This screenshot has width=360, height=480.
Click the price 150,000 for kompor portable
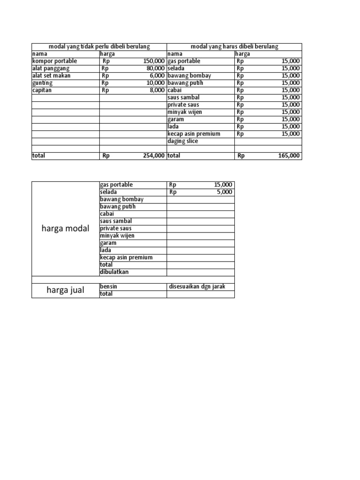(154, 61)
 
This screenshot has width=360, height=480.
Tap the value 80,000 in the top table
(156, 68)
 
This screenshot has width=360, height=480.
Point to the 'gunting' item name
(43, 83)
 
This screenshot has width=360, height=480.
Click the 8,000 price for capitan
(157, 90)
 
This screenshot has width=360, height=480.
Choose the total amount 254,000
(154, 156)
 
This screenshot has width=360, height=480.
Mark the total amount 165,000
(289, 156)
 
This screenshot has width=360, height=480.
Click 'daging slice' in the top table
(183, 141)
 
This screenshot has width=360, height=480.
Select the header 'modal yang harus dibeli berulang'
(234, 46)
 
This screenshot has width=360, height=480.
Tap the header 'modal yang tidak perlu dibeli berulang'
(99, 46)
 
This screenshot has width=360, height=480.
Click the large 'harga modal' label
(66, 229)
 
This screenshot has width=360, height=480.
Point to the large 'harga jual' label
(66, 290)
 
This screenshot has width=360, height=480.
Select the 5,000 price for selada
(225, 192)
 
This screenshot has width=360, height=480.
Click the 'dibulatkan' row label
(114, 272)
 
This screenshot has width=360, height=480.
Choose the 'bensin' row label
(108, 286)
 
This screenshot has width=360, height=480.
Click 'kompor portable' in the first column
(54, 61)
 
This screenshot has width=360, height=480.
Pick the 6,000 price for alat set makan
(157, 75)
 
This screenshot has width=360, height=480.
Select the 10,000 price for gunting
(156, 83)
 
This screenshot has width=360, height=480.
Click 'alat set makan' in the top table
(51, 75)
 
